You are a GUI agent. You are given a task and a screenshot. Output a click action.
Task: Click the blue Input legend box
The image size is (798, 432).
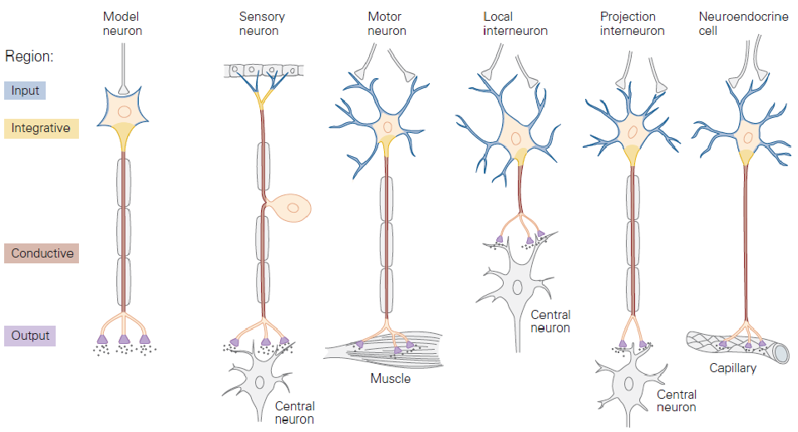(25, 90)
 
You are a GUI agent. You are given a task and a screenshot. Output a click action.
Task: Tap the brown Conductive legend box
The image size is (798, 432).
(42, 253)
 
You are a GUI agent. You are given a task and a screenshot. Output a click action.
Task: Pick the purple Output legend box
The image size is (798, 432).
(30, 336)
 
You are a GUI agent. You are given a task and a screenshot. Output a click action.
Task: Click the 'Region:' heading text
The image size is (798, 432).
(29, 56)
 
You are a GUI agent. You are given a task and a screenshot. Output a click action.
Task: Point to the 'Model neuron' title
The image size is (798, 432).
(122, 23)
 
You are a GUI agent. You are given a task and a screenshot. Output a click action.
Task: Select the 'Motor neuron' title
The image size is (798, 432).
(387, 23)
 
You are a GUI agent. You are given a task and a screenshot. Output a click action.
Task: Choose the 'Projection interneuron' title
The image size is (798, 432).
(633, 23)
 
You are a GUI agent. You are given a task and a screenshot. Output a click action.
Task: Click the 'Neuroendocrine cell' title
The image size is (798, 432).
(742, 23)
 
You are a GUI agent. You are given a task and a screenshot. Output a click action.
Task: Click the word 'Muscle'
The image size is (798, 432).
(391, 379)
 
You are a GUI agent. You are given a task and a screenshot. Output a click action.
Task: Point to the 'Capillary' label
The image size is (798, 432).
(732, 367)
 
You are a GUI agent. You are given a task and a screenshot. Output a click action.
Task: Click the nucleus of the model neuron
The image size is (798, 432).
(123, 111)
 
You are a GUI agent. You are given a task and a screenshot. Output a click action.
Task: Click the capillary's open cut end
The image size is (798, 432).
(781, 352)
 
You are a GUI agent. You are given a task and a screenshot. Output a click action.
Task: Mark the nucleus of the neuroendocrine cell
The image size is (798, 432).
(748, 136)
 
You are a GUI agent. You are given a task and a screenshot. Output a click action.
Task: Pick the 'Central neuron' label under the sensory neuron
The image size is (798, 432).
(294, 413)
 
